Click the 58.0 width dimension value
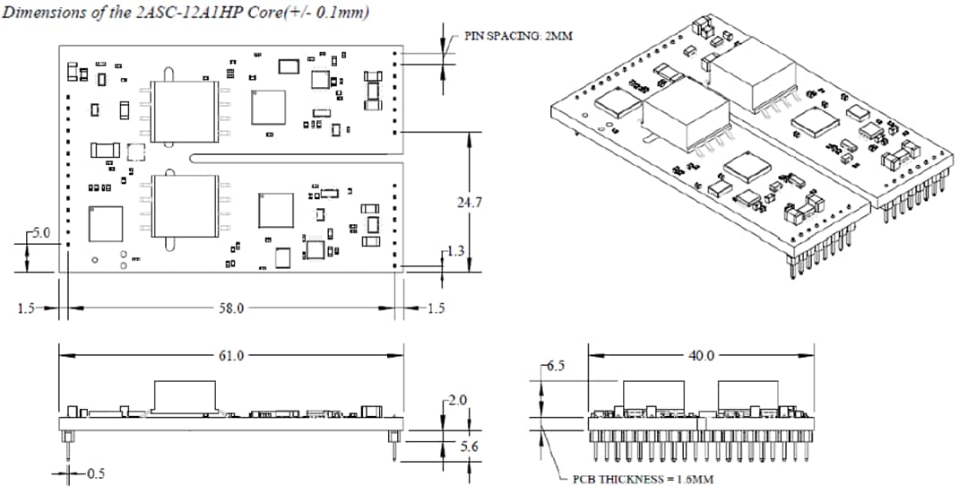pyautogui.click(x=231, y=308)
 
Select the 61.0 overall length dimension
pyautogui.click(x=231, y=355)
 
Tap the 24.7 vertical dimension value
pyautogui.click(x=470, y=204)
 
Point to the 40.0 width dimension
pyautogui.click(x=701, y=355)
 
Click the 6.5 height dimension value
pyautogui.click(x=555, y=367)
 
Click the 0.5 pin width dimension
pyautogui.click(x=92, y=473)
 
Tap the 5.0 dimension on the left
pyautogui.click(x=41, y=232)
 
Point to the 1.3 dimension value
pyautogui.click(x=457, y=251)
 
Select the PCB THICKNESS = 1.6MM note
pyautogui.click(x=644, y=479)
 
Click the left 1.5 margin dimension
pyautogui.click(x=26, y=308)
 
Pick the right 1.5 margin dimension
pyautogui.click(x=435, y=308)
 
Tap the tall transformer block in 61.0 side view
pyautogui.click(x=185, y=395)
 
